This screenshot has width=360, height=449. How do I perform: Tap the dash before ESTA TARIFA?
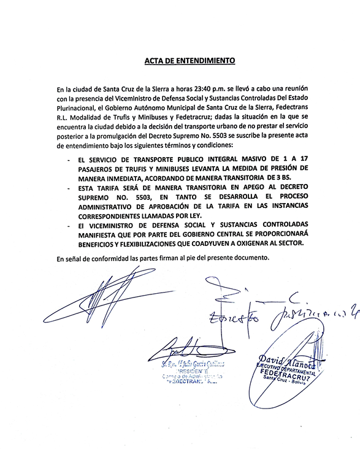(x=66, y=188)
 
